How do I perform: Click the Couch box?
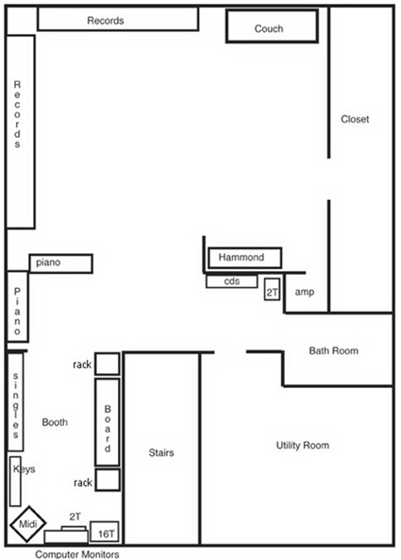[269, 27]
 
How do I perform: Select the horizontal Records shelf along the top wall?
[118, 20]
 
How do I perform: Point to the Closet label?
[355, 120]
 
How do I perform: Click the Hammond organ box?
[243, 258]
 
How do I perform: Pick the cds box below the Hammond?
[232, 281]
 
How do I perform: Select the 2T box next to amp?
[272, 290]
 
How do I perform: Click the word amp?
[304, 293]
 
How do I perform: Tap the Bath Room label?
[334, 351]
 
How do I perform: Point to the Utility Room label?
[302, 445]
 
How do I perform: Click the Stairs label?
[161, 453]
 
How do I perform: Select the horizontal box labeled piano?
[60, 263]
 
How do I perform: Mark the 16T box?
[105, 533]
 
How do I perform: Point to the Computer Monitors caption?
[77, 554]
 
